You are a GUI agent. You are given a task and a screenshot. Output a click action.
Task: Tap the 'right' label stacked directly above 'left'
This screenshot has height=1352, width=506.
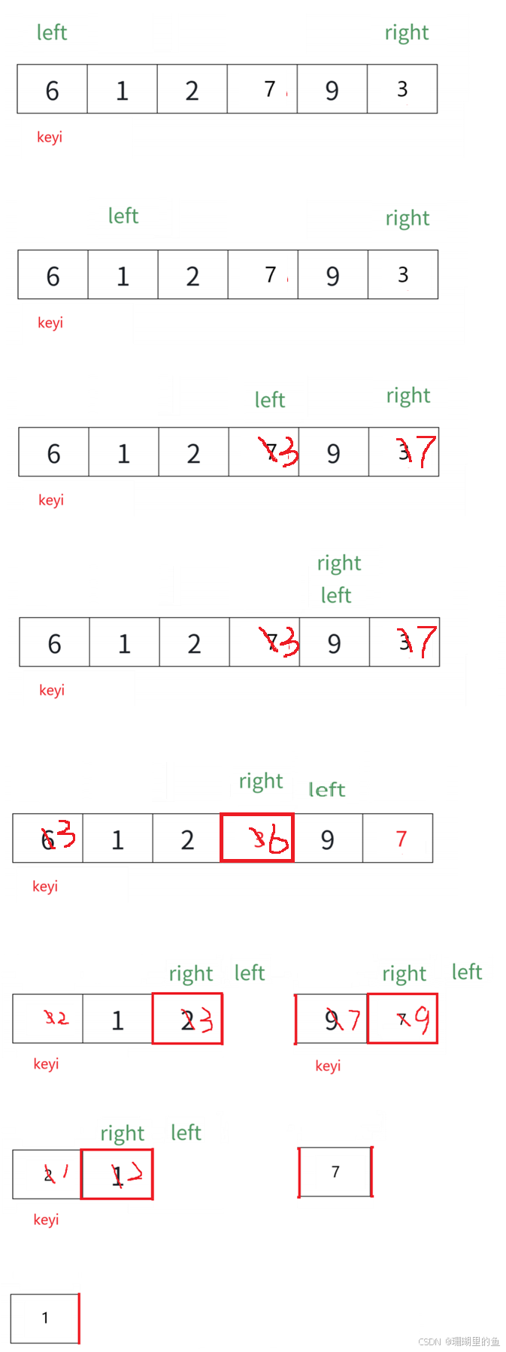click(x=339, y=563)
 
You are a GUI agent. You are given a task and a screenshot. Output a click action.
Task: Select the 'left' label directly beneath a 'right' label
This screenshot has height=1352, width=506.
click(x=336, y=595)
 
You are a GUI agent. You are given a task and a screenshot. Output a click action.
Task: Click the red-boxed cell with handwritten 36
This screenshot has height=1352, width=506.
click(x=257, y=838)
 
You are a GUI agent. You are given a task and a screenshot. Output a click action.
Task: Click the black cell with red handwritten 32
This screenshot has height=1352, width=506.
click(x=50, y=1019)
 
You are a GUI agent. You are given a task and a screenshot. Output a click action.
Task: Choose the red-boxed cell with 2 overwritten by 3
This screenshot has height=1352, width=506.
click(x=188, y=1019)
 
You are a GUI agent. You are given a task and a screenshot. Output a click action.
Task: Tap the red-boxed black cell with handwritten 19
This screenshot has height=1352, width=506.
click(x=403, y=1019)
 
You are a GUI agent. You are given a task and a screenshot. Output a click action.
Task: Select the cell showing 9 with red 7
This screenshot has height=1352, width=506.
click(x=333, y=1020)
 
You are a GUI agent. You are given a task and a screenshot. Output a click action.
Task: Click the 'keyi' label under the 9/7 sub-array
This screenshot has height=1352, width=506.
click(x=328, y=1066)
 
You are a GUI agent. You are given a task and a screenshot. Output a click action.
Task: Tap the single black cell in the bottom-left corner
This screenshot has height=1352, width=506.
click(x=48, y=1319)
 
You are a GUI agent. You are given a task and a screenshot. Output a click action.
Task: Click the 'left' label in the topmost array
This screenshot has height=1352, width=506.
click(x=52, y=32)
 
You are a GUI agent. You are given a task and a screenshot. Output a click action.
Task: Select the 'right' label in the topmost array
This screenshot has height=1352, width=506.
click(x=407, y=32)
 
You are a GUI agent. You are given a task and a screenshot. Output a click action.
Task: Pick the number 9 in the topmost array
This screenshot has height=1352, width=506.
click(x=332, y=91)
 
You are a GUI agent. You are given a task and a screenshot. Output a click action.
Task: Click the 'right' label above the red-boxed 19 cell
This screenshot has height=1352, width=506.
click(x=404, y=974)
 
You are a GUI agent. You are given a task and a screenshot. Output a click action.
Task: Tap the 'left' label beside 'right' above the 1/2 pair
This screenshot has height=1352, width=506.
click(x=186, y=1132)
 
